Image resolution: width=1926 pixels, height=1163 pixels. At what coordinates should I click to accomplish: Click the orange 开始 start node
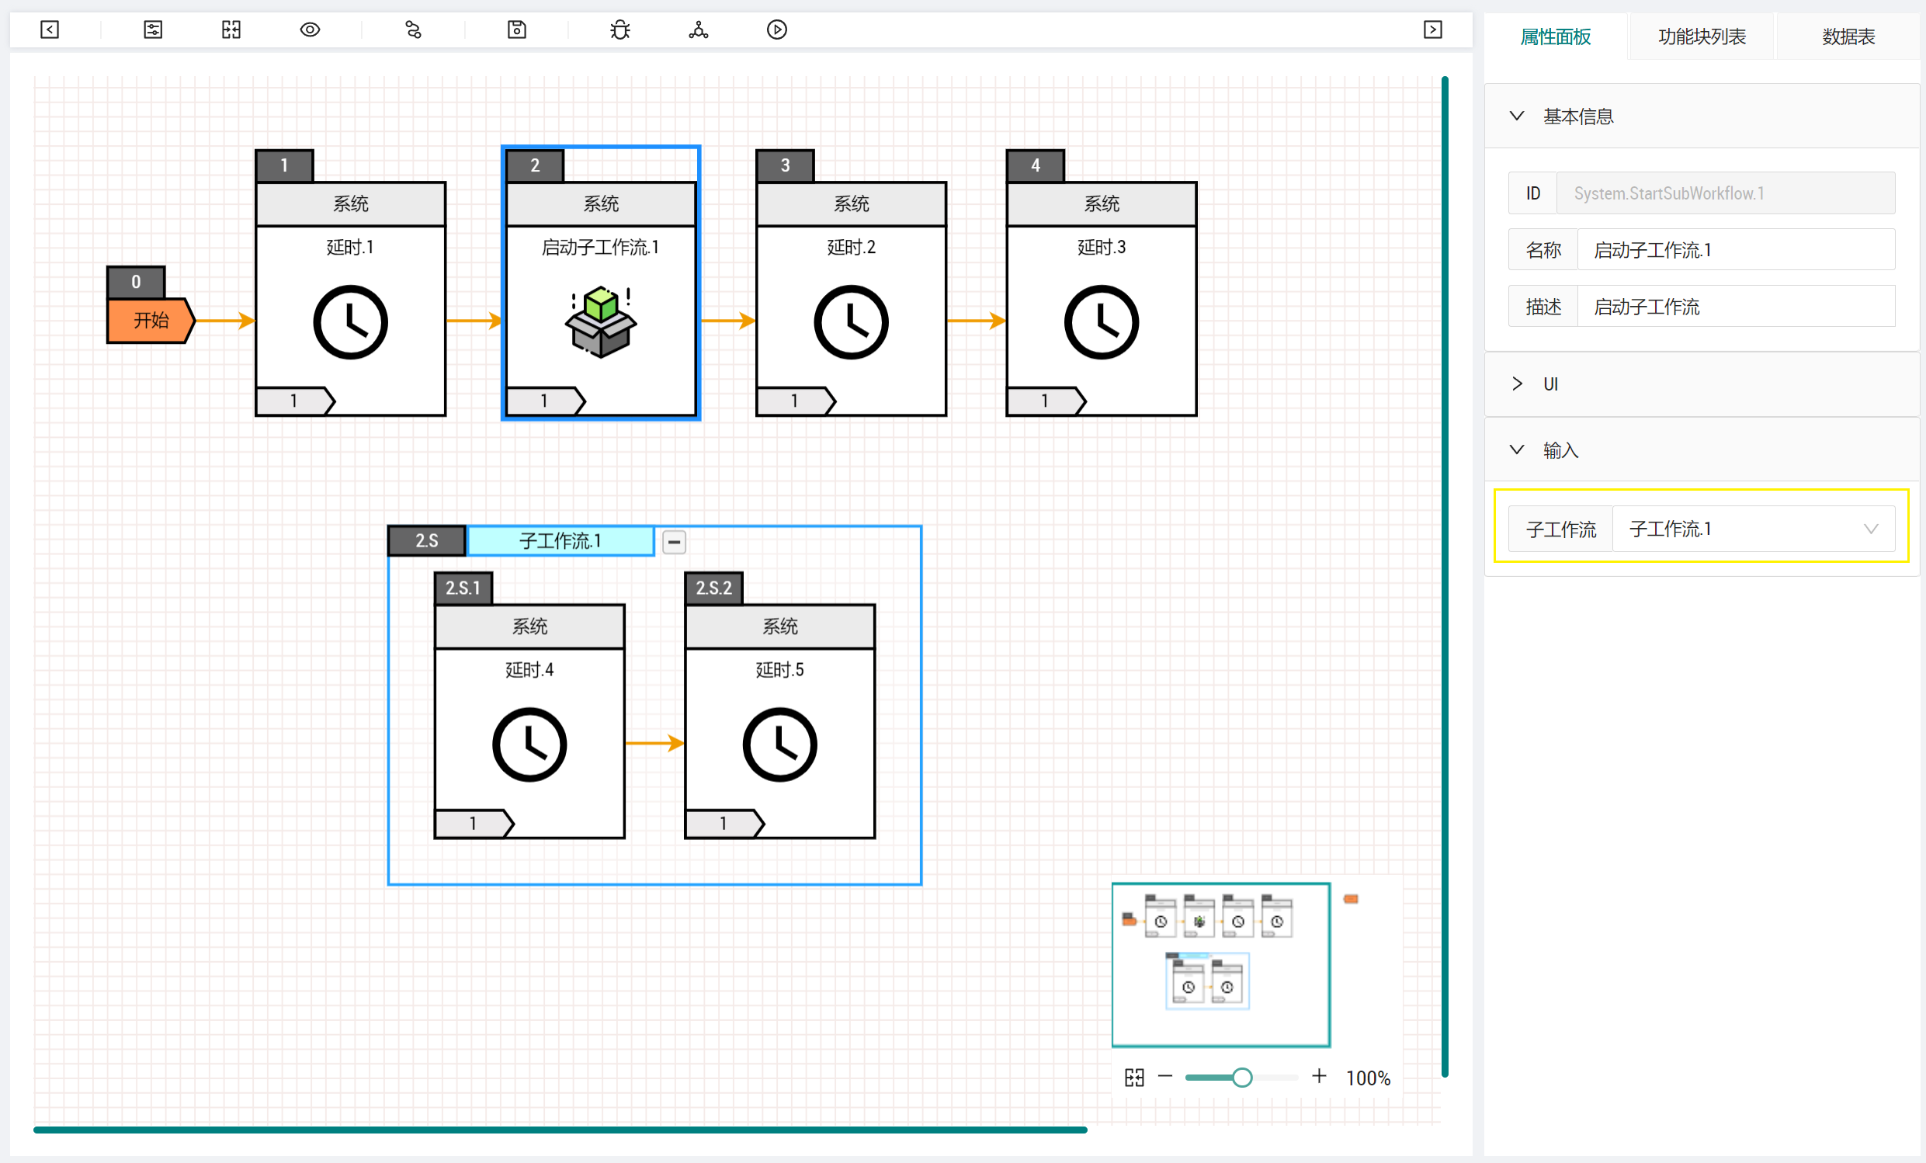click(150, 320)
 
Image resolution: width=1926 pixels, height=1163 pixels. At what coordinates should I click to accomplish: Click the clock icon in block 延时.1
click(350, 322)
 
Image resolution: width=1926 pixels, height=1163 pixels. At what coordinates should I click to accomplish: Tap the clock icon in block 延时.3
click(1102, 322)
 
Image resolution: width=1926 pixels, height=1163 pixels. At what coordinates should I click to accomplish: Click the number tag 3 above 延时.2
click(785, 165)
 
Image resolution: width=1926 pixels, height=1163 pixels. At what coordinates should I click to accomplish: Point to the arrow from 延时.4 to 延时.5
click(655, 742)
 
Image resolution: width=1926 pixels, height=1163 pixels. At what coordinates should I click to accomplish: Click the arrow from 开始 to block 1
click(225, 320)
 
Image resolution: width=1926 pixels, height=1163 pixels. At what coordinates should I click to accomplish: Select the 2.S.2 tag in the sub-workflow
click(713, 588)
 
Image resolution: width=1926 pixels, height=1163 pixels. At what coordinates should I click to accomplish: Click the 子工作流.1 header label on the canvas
click(560, 541)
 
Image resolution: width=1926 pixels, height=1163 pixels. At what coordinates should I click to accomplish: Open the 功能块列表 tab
click(1702, 36)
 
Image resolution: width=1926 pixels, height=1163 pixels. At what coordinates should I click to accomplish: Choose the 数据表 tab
click(1848, 36)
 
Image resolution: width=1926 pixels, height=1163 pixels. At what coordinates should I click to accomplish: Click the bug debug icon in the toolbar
click(619, 30)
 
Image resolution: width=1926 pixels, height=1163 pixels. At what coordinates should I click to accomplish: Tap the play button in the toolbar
click(776, 30)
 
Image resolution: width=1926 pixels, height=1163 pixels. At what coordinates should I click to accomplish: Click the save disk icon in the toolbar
click(517, 30)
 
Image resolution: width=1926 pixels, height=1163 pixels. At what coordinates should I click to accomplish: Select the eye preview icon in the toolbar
click(310, 30)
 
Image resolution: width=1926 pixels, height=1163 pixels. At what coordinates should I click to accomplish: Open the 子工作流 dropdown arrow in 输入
click(1871, 529)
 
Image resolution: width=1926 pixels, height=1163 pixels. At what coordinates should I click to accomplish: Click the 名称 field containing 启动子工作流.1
click(1736, 250)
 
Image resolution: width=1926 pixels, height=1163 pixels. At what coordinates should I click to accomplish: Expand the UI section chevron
click(1517, 384)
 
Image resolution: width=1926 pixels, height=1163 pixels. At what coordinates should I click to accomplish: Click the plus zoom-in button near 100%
click(1319, 1076)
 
